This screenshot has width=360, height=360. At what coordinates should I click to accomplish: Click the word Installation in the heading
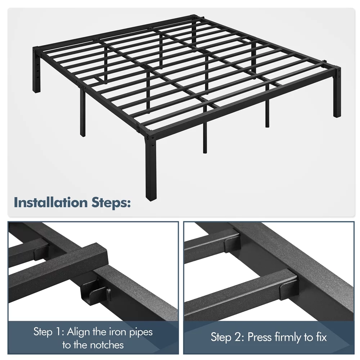tap(51, 202)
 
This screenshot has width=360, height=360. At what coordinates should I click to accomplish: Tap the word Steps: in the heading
tap(111, 203)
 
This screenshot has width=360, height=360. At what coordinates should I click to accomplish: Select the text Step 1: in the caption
tap(49, 332)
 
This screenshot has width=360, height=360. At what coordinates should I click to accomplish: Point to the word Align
tap(78, 332)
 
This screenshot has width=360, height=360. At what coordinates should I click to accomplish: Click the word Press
tap(260, 337)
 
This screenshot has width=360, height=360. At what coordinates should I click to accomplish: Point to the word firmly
tap(288, 338)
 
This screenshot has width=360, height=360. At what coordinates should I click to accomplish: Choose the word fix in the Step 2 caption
tap(321, 337)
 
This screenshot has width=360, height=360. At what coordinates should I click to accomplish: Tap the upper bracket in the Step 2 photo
tap(232, 244)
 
